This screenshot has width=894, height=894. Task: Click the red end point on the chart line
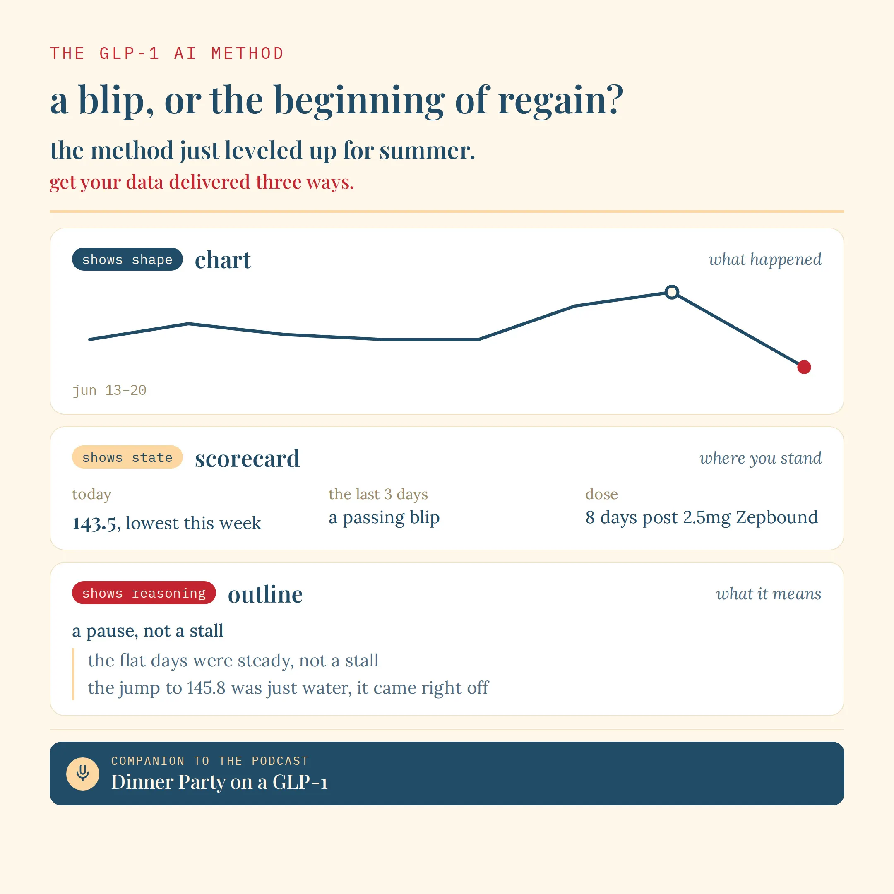click(x=804, y=367)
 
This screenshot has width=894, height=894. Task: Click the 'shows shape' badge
click(x=127, y=259)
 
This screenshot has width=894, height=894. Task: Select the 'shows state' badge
click(x=127, y=457)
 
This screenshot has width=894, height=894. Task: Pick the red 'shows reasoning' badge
click(x=144, y=593)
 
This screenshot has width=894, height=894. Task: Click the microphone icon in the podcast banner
click(x=83, y=773)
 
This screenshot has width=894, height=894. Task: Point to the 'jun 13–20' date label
click(x=110, y=390)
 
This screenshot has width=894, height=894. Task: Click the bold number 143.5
click(x=94, y=523)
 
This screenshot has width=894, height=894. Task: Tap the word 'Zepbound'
click(x=777, y=517)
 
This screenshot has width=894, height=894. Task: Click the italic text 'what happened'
click(x=765, y=259)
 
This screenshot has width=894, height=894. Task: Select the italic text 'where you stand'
click(x=761, y=458)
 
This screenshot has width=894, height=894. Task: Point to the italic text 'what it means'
click(x=769, y=593)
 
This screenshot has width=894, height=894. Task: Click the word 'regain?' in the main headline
click(x=561, y=101)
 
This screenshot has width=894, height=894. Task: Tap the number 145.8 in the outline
click(x=206, y=687)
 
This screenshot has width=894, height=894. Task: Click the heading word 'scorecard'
click(x=247, y=459)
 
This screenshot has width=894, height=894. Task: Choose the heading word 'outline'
click(x=265, y=594)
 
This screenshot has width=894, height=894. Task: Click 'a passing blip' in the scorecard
click(x=384, y=518)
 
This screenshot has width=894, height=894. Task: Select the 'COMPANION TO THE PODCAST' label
click(x=209, y=761)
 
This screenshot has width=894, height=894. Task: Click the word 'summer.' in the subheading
click(x=427, y=151)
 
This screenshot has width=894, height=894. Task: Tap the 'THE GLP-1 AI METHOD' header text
click(x=166, y=53)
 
